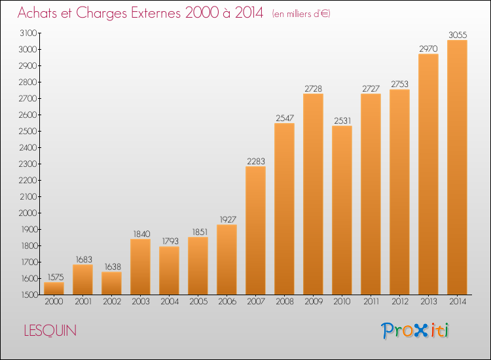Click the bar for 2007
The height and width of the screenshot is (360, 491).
click(x=255, y=230)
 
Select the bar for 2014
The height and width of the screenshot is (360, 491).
click(x=457, y=167)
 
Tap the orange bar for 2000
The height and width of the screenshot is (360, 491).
click(x=54, y=288)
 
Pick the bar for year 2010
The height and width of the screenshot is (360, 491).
click(x=342, y=210)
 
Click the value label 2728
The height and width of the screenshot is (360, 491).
click(x=313, y=89)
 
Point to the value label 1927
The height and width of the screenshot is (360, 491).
click(x=228, y=219)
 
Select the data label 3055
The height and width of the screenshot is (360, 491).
click(x=458, y=35)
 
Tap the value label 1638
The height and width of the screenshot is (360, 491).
click(x=113, y=266)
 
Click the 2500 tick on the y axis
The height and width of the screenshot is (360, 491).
click(x=28, y=131)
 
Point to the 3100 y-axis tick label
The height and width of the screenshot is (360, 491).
click(x=28, y=33)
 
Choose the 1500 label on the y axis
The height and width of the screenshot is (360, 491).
click(x=29, y=295)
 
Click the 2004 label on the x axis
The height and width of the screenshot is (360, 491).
click(x=170, y=302)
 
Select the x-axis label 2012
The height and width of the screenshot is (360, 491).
click(x=400, y=302)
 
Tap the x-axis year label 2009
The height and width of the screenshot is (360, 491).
click(x=314, y=302)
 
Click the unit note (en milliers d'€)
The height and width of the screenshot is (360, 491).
click(x=301, y=14)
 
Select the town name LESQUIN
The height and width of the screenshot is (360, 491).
click(x=50, y=331)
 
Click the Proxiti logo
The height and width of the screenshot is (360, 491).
click(x=414, y=331)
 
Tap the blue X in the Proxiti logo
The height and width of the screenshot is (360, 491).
click(x=422, y=331)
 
